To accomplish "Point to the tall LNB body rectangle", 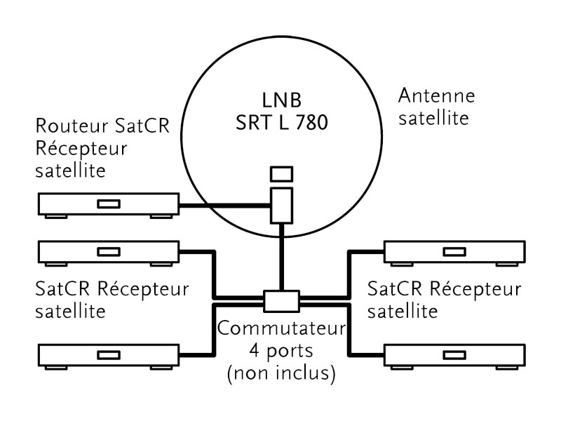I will [281, 204].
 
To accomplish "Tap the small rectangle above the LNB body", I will [281, 173].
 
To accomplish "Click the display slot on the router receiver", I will [107, 204].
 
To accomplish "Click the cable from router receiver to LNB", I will [224, 205].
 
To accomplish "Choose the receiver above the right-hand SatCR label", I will [454, 252].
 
